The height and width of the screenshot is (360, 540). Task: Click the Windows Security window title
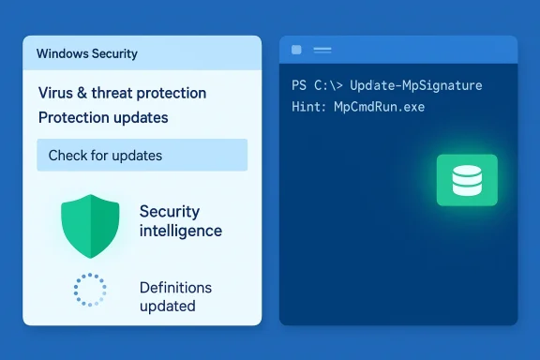[87, 53]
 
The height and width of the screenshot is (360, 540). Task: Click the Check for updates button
[142, 155]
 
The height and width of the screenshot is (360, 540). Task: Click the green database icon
[466, 180]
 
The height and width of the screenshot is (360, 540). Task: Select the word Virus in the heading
[56, 94]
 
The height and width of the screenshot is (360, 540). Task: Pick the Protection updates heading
[103, 118]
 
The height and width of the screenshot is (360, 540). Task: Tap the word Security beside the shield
[170, 211]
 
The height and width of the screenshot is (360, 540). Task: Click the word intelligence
[181, 231]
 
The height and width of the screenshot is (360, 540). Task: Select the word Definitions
[175, 287]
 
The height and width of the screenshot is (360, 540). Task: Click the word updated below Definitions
[167, 306]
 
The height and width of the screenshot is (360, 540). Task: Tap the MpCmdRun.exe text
[384, 106]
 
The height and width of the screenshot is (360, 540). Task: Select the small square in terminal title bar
[296, 50]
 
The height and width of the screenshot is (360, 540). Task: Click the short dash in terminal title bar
[322, 50]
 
